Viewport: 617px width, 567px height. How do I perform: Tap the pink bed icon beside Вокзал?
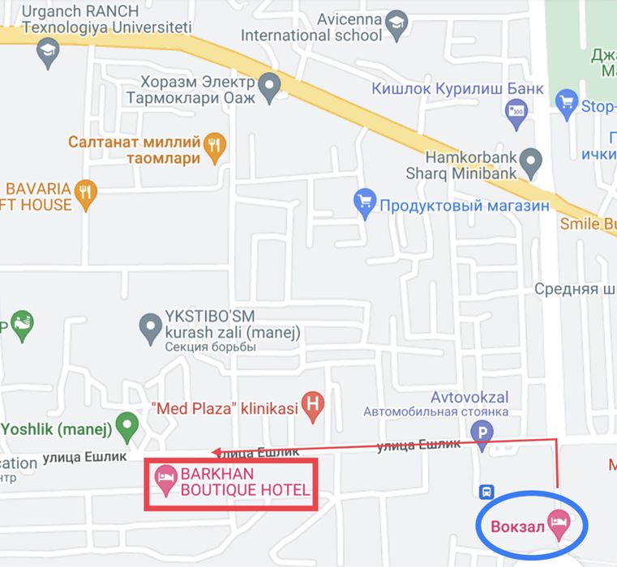(558, 522)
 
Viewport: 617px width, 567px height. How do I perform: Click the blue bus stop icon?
(487, 491)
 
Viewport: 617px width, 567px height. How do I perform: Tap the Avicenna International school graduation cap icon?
(396, 23)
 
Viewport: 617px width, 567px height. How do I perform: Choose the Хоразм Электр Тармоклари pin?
(268, 84)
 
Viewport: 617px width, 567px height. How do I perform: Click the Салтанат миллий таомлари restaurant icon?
(214, 145)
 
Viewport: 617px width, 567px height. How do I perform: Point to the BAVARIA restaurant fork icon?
(85, 192)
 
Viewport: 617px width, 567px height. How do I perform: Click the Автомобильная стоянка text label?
(435, 411)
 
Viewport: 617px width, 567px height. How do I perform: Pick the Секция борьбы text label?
(210, 347)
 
